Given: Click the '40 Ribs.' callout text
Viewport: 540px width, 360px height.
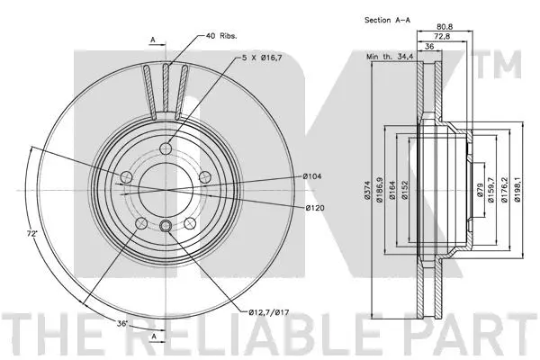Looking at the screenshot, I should point(221,37).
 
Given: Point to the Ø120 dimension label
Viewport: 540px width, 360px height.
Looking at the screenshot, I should point(311,208).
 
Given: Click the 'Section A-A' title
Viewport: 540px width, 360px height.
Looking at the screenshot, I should point(390,19).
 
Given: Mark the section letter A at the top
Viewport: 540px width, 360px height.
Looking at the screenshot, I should point(153,40).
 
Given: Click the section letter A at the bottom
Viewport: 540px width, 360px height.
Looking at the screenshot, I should point(153,336).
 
